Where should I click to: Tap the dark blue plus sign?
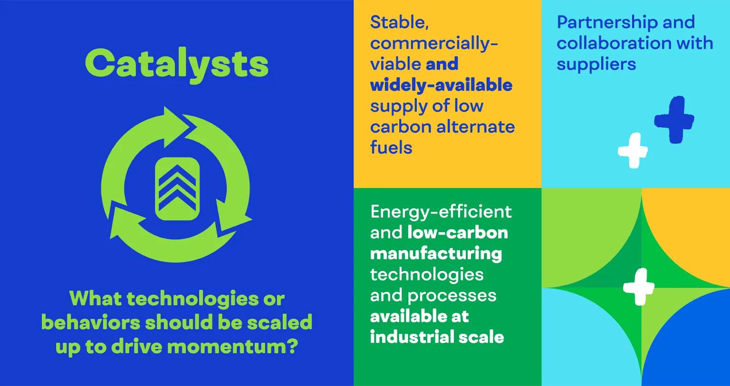[674, 120]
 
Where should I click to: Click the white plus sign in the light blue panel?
[633, 150]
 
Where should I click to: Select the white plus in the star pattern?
[639, 287]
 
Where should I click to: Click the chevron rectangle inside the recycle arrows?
[177, 189]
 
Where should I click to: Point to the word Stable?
[399, 22]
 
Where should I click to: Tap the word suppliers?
[596, 64]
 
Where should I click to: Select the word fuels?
[391, 148]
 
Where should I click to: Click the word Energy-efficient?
[441, 211]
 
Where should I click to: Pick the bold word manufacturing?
[435, 253]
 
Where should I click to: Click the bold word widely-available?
[441, 85]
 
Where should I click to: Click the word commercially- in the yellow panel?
[433, 43]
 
